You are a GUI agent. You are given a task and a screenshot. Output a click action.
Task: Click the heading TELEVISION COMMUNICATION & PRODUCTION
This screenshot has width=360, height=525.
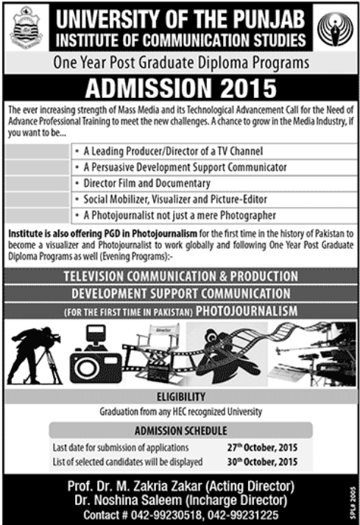[x=180, y=277]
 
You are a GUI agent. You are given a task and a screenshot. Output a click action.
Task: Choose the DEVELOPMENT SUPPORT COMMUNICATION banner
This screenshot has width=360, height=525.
[x=180, y=294]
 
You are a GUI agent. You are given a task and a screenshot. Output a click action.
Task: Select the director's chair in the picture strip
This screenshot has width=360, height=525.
[x=159, y=346]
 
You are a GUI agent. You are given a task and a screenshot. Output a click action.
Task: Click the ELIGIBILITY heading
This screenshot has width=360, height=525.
[x=180, y=397]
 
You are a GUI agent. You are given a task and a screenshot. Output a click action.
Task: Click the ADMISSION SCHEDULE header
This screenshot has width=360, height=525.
[x=180, y=431]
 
